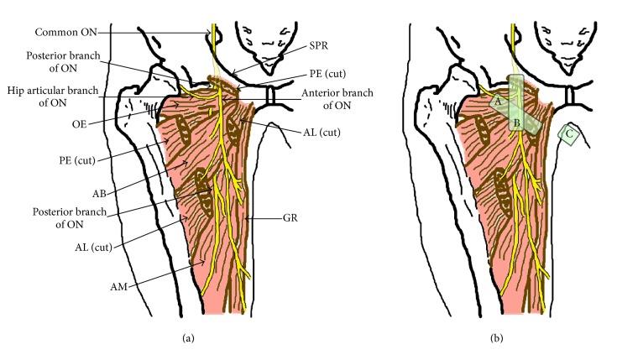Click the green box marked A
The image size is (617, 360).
(x=497, y=99)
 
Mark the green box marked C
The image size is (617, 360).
(x=571, y=133)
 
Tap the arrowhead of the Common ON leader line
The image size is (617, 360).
(x=211, y=34)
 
